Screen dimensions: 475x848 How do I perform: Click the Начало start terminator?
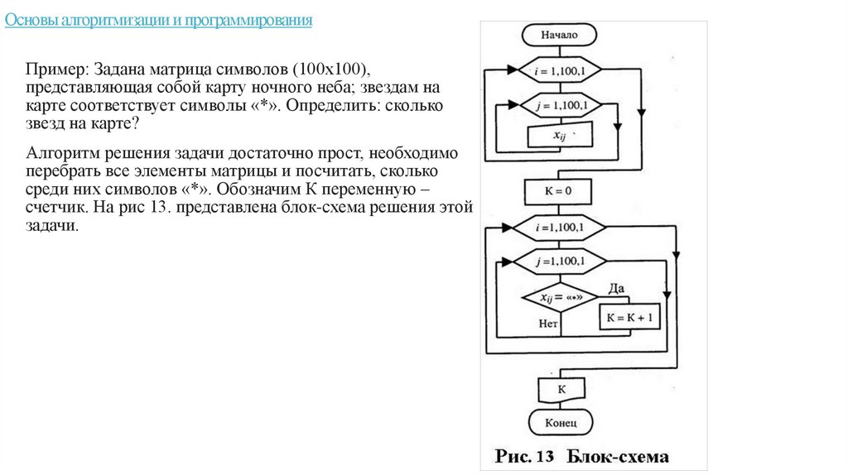560,36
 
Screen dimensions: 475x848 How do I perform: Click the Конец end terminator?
560,422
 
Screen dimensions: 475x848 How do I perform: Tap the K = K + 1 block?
629,318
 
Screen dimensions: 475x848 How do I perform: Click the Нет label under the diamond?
548,324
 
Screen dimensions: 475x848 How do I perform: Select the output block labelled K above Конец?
561,388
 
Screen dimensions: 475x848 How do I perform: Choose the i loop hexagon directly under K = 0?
560,226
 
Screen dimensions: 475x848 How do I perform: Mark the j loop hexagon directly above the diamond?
560,261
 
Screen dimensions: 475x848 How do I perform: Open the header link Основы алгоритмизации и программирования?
158,21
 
